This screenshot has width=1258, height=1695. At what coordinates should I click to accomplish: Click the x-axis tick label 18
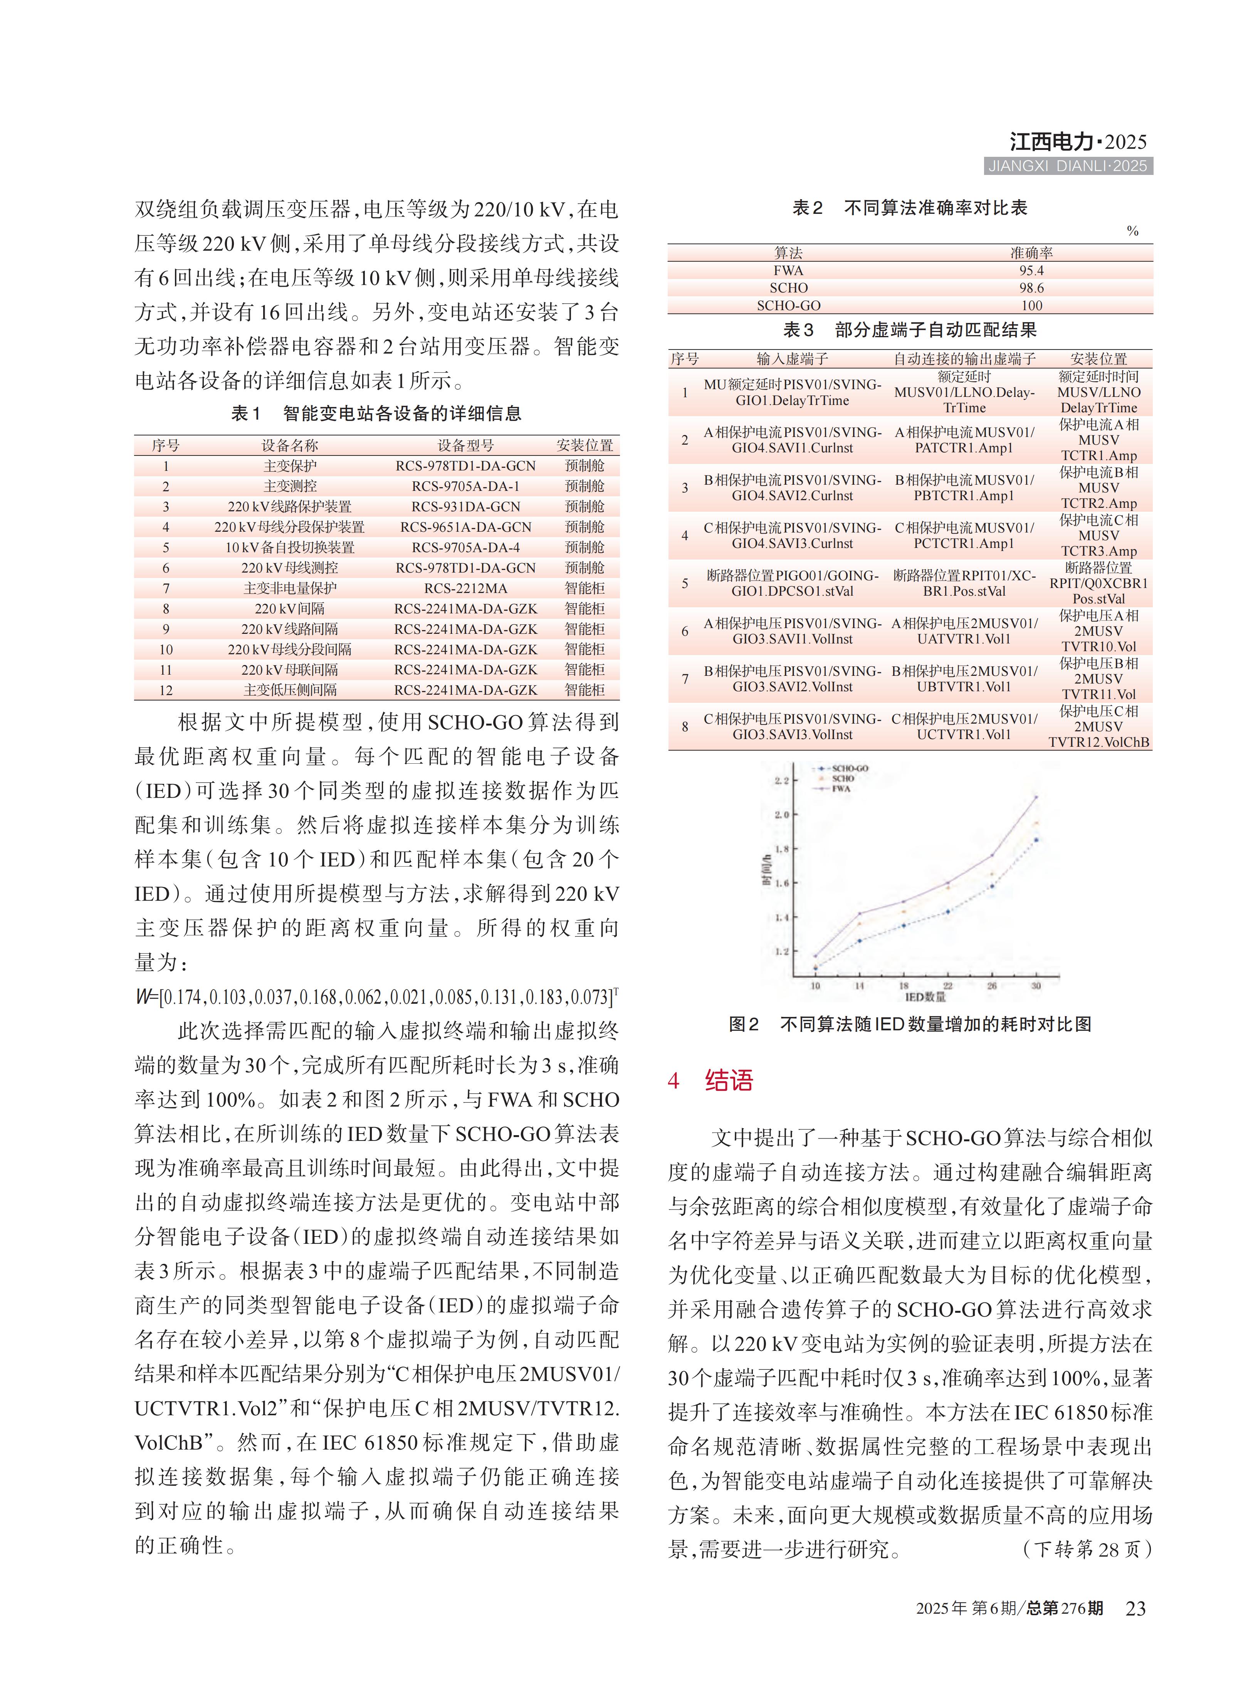tap(904, 986)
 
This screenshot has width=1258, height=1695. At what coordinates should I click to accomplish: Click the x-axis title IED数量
tap(925, 997)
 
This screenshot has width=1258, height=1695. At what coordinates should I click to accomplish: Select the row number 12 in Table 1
tap(166, 690)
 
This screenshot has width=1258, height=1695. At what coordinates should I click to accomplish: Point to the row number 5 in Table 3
tap(685, 583)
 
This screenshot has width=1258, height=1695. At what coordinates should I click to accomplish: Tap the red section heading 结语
tap(729, 1080)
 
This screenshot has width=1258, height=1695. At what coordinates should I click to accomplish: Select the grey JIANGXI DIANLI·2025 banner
tap(1068, 166)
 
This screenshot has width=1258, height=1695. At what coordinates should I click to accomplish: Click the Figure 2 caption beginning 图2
tap(910, 1024)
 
